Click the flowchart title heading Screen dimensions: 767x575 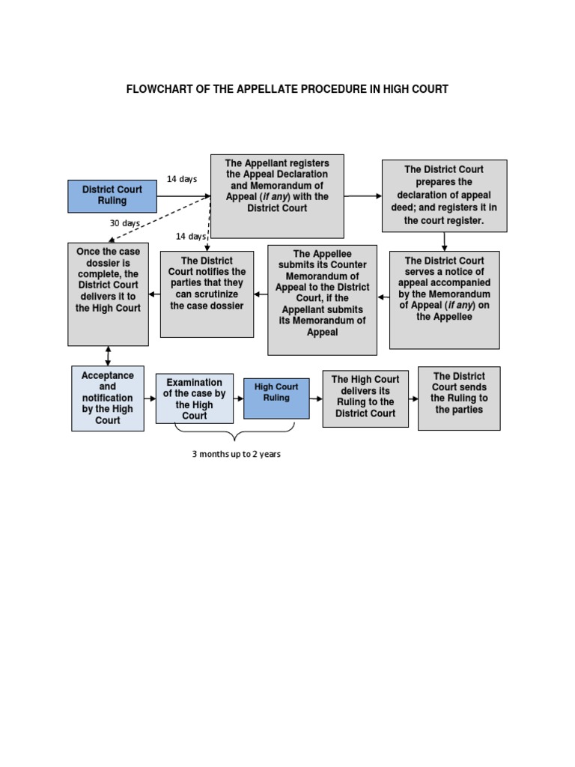click(287, 89)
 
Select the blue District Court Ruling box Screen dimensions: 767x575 click(112, 195)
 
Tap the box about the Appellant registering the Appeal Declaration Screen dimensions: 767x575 click(277, 196)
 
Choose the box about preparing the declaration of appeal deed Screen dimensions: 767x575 click(444, 195)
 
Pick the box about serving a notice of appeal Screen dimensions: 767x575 click(444, 300)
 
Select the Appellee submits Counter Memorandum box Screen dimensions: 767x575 click(322, 300)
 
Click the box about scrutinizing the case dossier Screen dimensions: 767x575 click(207, 294)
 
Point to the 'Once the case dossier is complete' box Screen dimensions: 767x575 click(108, 294)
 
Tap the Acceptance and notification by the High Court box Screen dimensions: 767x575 click(108, 398)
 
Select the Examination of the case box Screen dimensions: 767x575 click(195, 398)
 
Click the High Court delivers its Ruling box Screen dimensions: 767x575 click(365, 398)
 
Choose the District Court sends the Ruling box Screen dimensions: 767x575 click(459, 398)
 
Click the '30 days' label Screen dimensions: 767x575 click(125, 223)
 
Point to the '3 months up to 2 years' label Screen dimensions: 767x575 click(236, 455)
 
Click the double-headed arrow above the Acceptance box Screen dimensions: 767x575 click(108, 356)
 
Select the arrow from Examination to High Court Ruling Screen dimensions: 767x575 click(239, 398)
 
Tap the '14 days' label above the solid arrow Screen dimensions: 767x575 click(182, 179)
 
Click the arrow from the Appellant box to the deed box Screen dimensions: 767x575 click(363, 195)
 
